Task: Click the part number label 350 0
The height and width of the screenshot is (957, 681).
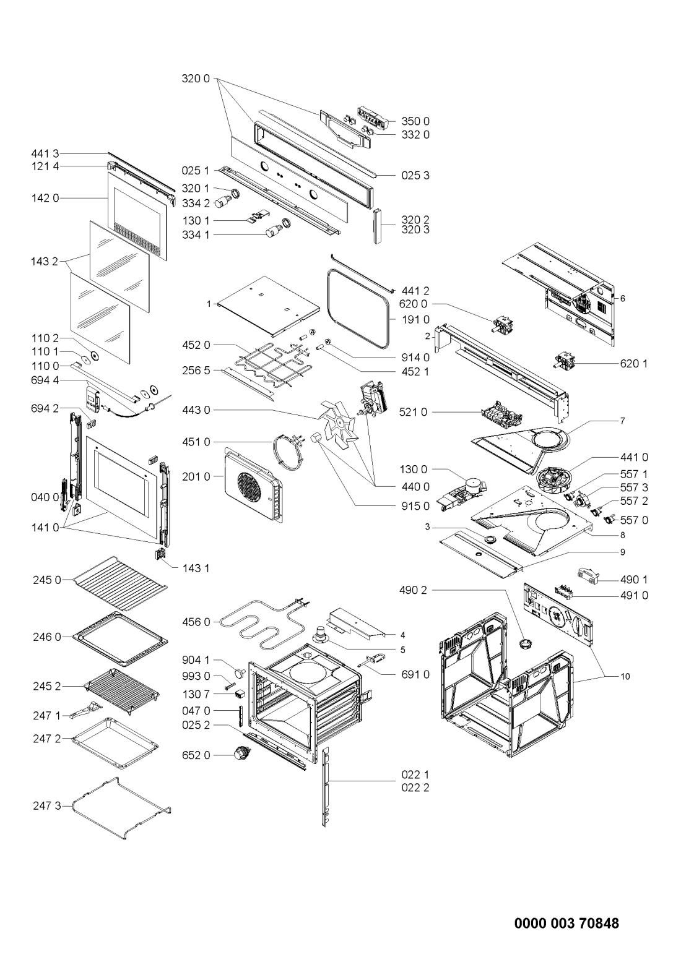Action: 415,121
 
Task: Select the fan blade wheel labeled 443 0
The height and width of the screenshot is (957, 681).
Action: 339,422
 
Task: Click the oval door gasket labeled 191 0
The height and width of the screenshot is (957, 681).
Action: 358,311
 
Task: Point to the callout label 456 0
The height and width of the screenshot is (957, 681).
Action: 196,622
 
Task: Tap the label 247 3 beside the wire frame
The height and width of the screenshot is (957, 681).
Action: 47,806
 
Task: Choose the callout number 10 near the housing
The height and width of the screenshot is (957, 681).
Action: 625,676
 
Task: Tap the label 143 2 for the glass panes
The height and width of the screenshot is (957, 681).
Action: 45,262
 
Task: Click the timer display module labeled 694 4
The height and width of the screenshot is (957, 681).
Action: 92,400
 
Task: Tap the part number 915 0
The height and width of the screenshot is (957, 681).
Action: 415,506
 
